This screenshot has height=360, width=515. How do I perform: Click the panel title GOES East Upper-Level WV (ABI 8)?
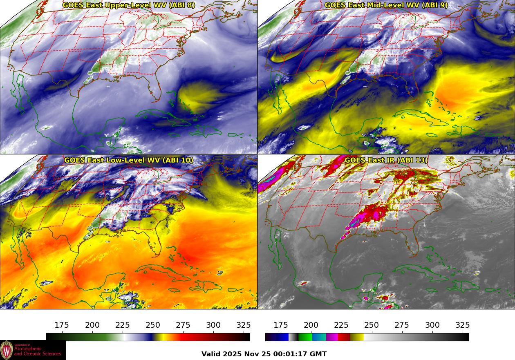coord(128,5)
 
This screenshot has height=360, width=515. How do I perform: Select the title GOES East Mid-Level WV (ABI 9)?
coord(386,5)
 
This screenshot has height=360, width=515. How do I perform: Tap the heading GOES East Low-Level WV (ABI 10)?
coord(128,160)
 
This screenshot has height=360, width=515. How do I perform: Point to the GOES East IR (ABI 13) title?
coord(386,160)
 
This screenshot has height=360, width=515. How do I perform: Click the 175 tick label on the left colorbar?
coord(62,325)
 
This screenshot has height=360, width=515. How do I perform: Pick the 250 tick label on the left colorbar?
coord(153,325)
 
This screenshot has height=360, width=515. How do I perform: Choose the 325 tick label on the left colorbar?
coord(244,325)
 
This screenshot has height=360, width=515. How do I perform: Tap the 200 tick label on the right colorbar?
coord(311,325)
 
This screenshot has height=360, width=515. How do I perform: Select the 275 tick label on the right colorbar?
coord(402,325)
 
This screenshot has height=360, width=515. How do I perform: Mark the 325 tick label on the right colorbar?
coord(463,325)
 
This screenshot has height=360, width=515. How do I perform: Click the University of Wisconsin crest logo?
coord(7,350)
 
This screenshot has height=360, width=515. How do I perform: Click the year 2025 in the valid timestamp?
coord(232,354)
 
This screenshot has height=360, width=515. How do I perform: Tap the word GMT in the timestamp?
coord(318,354)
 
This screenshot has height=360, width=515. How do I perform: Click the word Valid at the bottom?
coord(212,354)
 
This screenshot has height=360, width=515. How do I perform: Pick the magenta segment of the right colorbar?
coord(331,337)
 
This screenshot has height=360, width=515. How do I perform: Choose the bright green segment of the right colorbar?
coord(305,337)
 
